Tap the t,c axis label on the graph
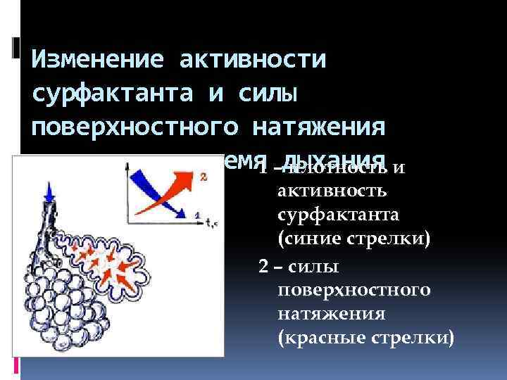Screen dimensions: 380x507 coord(211,222)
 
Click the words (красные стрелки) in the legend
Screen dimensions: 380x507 coord(366,338)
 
